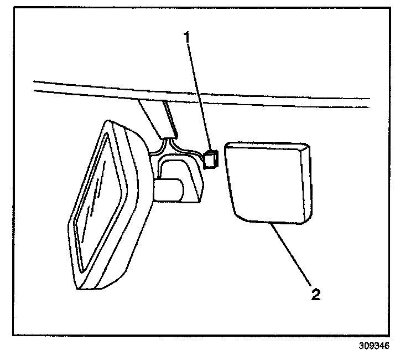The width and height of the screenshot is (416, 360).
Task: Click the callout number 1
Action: pyautogui.click(x=188, y=38)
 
